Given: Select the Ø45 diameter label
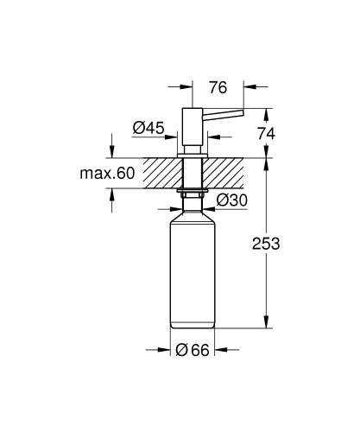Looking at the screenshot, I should tap(148, 129).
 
